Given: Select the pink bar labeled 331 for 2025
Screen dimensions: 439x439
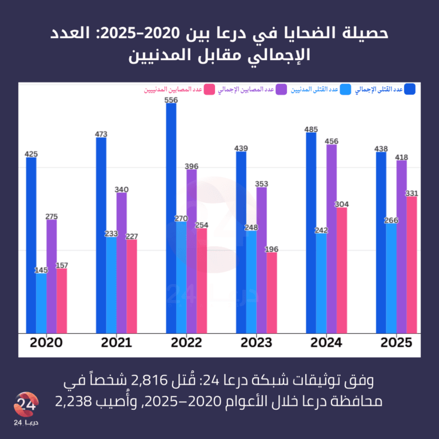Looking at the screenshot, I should click(x=412, y=265).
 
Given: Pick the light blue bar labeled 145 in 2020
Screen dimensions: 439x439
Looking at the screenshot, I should click(x=42, y=304).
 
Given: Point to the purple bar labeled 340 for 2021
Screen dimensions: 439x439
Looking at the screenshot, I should click(x=122, y=263).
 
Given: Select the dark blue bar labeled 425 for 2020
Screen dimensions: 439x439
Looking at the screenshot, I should click(x=31, y=245).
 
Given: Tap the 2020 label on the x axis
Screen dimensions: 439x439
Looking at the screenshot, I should click(x=46, y=343).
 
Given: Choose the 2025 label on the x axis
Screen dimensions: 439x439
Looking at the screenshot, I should click(x=396, y=343).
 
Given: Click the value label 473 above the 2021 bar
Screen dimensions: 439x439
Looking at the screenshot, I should click(x=101, y=134).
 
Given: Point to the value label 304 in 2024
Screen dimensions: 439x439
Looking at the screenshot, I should click(x=342, y=204).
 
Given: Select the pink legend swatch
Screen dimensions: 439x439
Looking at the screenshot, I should click(x=209, y=89).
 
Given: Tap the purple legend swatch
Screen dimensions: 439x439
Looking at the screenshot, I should click(x=281, y=89).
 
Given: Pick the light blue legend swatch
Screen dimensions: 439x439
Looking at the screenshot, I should click(x=345, y=89).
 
